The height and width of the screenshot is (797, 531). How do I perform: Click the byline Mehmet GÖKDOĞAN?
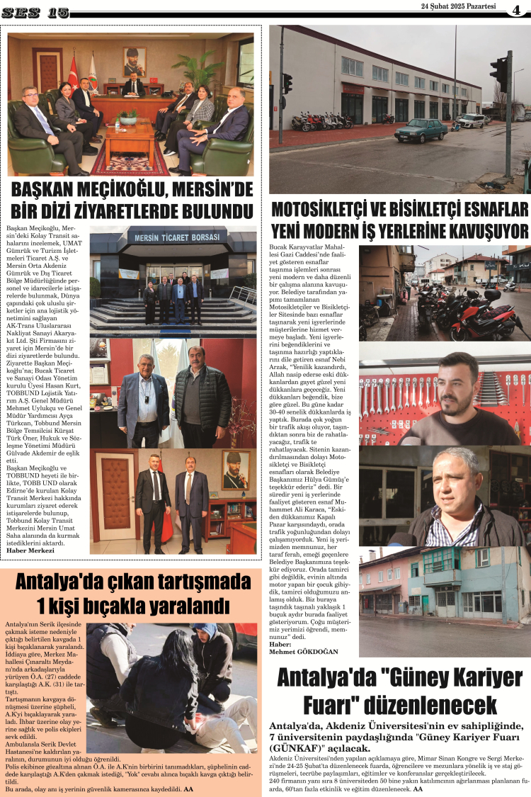tap(304, 651)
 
